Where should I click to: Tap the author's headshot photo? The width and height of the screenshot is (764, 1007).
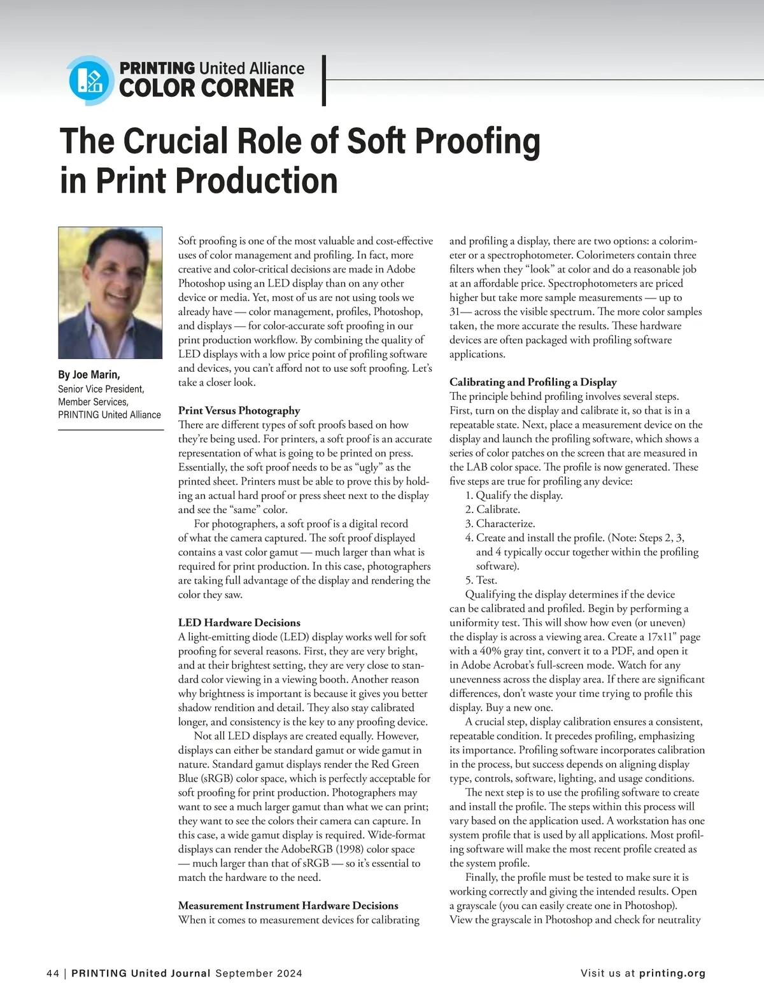tap(110, 292)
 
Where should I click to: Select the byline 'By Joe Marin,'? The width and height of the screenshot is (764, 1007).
tap(89, 374)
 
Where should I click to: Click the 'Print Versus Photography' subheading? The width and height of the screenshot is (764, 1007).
tap(239, 411)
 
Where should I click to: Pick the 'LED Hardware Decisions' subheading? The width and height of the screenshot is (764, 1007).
tap(239, 623)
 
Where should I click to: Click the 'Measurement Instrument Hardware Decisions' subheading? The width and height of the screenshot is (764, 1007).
tap(288, 905)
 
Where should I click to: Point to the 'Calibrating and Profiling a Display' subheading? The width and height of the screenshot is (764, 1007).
tap(533, 382)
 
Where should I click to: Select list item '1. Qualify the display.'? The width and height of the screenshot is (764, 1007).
tap(514, 495)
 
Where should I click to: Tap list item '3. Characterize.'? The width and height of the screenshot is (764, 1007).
tap(500, 523)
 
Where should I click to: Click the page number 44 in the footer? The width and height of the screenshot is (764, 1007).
tap(53, 973)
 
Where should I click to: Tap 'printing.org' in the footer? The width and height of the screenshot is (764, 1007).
tap(672, 973)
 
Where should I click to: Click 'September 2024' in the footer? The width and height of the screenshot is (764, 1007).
tap(258, 973)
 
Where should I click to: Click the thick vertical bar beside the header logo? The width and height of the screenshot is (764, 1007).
tap(325, 80)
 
